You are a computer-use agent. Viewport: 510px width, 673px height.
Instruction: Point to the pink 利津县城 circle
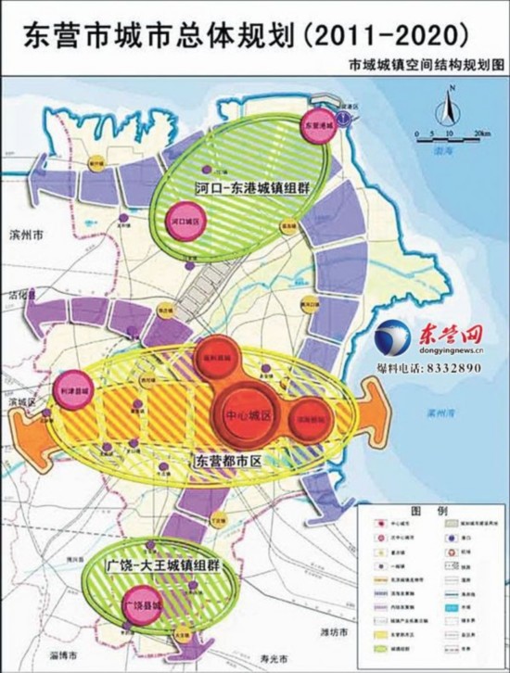[x=74, y=392]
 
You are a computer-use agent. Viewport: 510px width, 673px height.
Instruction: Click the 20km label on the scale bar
[x=480, y=134]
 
